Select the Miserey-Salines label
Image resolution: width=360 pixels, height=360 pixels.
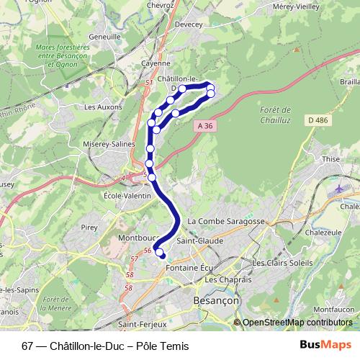pyautogui.click(x=110, y=144)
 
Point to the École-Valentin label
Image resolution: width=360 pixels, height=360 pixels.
pyautogui.click(x=127, y=195)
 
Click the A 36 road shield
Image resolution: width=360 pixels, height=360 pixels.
pyautogui.click(x=204, y=125)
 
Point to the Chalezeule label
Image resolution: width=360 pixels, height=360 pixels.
pyautogui.click(x=322, y=234)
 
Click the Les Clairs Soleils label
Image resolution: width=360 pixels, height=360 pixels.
pyautogui.click(x=282, y=263)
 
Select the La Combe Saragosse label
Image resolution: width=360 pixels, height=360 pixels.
pyautogui.click(x=226, y=221)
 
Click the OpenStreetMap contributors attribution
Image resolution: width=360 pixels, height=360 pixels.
pyautogui.click(x=297, y=323)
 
